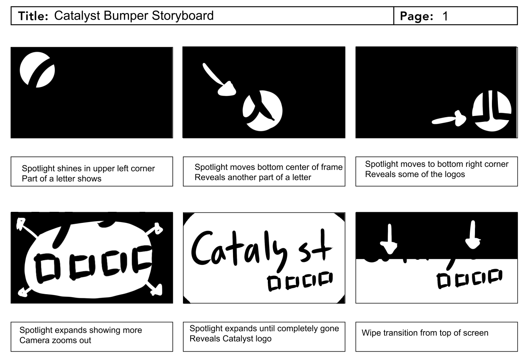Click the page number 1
point(445,17)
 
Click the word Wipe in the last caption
point(371,333)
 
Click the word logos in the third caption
point(454,174)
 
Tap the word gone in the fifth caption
point(329,329)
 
